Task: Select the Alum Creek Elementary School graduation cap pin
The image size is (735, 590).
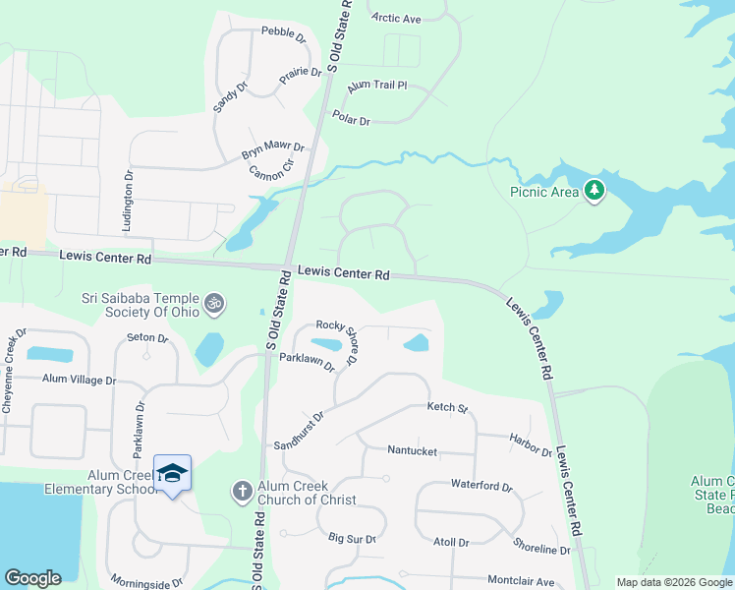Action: pos(173,474)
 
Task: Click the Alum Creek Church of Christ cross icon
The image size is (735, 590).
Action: pos(242,490)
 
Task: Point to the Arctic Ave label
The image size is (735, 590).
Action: pos(397,18)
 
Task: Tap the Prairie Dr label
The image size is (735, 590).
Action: pos(302,73)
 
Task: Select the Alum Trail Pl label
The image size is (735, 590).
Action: pos(376,86)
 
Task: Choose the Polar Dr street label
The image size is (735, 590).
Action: pos(351,121)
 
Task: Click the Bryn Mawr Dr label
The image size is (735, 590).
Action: pos(273,152)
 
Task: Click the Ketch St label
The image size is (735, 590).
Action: pos(447,407)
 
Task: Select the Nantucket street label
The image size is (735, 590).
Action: pos(412,451)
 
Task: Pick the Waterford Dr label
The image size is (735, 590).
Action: pos(481,486)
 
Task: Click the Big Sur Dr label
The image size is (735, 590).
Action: pos(352,538)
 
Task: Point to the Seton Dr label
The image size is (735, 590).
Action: pos(148,338)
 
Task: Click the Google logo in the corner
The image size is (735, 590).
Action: pos(32,577)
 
